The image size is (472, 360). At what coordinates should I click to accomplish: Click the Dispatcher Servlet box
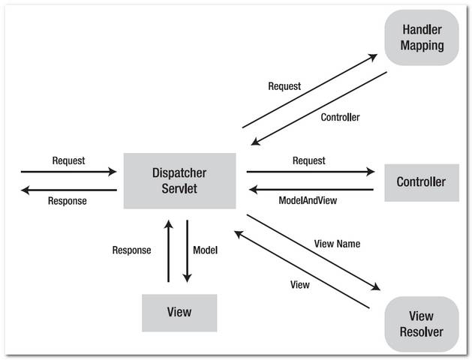tap(179, 181)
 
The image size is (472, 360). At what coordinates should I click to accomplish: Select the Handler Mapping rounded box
tap(421, 37)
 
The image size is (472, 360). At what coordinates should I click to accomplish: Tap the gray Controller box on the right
tap(421, 181)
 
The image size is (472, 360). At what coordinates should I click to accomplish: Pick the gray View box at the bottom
tap(179, 312)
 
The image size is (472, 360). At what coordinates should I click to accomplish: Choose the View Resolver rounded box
tap(421, 323)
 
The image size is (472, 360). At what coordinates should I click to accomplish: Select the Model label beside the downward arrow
tap(205, 250)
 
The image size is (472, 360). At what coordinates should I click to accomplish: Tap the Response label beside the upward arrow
tap(131, 250)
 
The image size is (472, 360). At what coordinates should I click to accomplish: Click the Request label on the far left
tap(68, 160)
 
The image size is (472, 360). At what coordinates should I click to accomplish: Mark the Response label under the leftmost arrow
tap(68, 201)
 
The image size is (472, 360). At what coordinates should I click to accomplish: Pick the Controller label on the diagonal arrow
tap(340, 117)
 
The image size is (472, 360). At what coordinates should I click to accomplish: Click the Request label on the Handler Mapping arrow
tap(284, 86)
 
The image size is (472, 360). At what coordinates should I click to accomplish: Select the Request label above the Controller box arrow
tap(308, 160)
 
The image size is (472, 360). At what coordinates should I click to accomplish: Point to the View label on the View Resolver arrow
tap(300, 284)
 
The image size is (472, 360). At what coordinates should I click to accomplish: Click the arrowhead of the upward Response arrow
tap(169, 224)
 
